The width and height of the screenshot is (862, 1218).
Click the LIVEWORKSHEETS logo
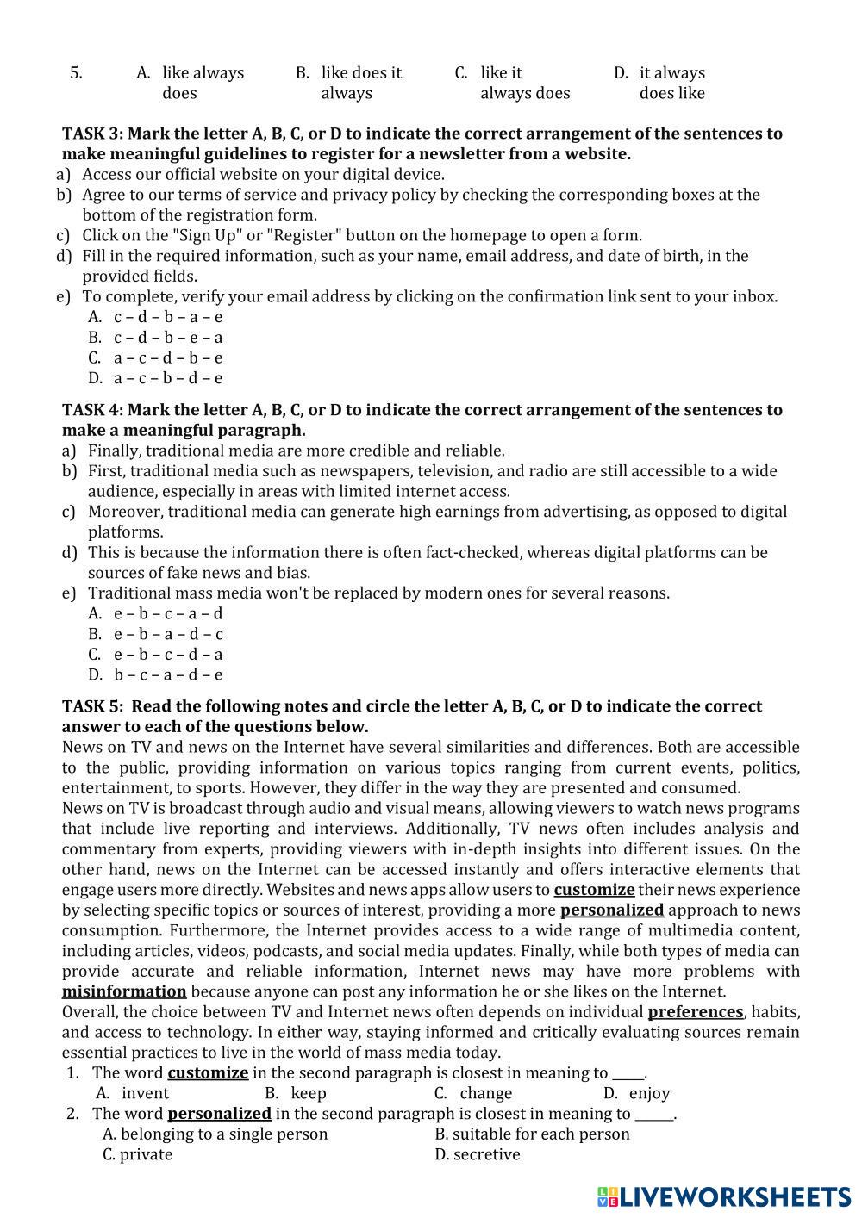tap(723, 1196)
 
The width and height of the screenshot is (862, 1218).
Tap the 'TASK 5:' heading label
tap(91, 706)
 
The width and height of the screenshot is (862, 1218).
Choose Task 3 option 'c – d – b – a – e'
tap(167, 317)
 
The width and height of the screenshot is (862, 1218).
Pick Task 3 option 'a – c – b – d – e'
tap(167, 378)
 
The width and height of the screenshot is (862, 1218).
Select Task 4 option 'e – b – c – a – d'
tap(167, 614)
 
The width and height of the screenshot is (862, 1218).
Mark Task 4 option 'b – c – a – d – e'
tap(167, 675)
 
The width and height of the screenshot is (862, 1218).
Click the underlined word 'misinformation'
tap(124, 991)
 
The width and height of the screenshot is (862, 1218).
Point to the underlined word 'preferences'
tap(695, 1011)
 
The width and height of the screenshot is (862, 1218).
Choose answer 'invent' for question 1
tap(145, 1093)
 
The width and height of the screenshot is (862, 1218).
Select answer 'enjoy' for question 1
tap(649, 1093)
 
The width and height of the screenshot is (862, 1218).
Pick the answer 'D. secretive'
tap(478, 1154)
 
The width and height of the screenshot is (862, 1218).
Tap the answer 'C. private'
tap(137, 1154)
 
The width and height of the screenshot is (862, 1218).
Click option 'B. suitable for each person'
tap(532, 1134)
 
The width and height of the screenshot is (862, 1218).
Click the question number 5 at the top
tap(76, 73)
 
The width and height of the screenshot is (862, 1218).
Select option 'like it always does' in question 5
tap(524, 83)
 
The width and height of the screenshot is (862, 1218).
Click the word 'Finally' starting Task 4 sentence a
tap(116, 451)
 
